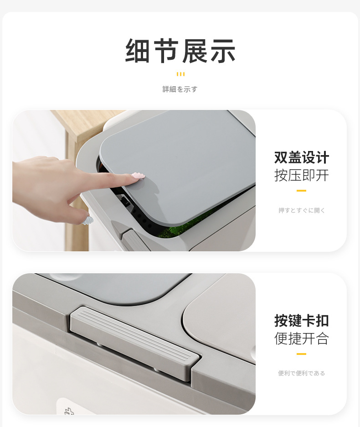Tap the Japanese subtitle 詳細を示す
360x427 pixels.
[180, 89]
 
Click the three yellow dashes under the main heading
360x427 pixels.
[180, 74]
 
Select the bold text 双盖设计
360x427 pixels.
[301, 158]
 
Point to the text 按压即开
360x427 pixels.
[301, 175]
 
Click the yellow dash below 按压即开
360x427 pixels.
[301, 190]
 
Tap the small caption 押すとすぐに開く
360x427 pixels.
[302, 210]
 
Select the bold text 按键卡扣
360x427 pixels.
[301, 321]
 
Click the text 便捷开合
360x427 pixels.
[301, 338]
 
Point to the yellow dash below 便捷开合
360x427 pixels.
[301, 354]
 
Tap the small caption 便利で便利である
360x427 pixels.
[302, 373]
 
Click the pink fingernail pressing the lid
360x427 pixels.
[138, 176]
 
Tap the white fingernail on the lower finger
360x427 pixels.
[87, 221]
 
